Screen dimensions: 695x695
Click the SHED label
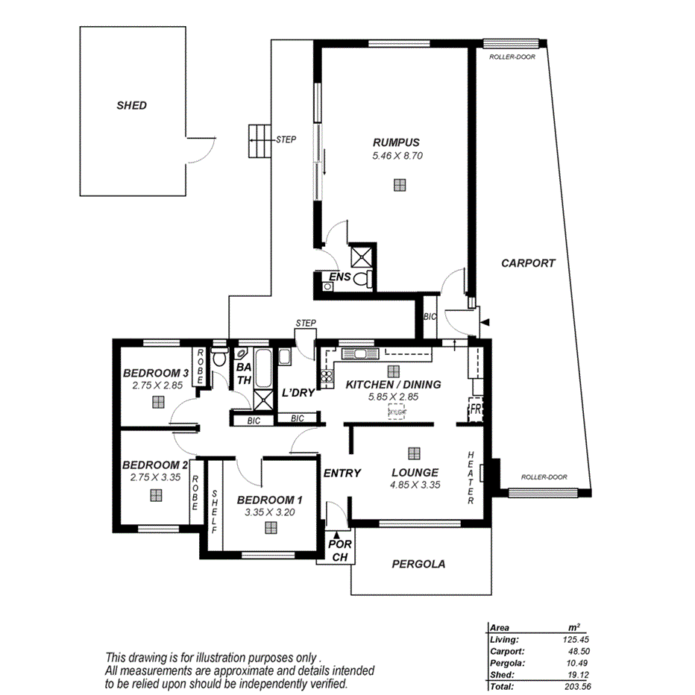point(131,106)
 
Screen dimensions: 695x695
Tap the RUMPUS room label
point(397,142)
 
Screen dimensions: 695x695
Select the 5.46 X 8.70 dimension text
point(397,157)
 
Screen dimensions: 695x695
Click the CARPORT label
point(528,263)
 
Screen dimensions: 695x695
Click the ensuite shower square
point(362,256)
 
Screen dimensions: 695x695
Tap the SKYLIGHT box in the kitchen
point(397,412)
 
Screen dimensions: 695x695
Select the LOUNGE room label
point(415,472)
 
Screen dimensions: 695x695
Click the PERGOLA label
point(418,565)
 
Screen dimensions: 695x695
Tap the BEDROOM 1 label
point(270,500)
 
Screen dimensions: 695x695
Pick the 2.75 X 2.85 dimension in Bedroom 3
point(157,386)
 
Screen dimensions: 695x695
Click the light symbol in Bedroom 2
point(155,494)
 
